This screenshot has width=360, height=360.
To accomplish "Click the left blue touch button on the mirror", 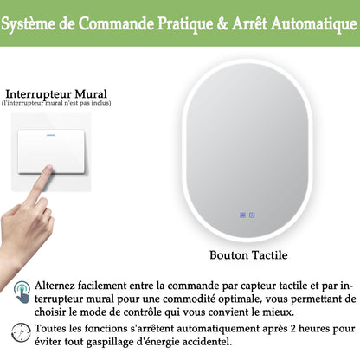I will click(x=242, y=215).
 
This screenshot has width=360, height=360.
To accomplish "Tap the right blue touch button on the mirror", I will click(x=252, y=215).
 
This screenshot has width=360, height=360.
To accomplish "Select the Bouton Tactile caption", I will click(x=249, y=255).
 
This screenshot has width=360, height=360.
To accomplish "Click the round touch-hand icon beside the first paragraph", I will click(x=21, y=292).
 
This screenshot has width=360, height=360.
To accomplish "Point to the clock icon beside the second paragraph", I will click(x=21, y=331).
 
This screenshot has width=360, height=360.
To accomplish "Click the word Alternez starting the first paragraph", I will click(x=61, y=283).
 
